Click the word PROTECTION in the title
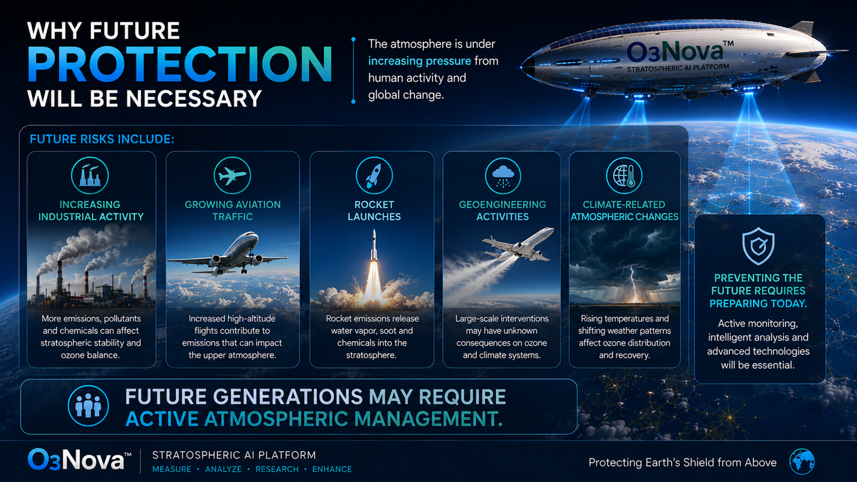pyautogui.click(x=180, y=64)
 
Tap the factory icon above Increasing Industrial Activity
pyautogui.click(x=90, y=175)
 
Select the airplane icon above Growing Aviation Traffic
pyautogui.click(x=232, y=175)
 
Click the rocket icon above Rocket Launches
pyautogui.click(x=374, y=175)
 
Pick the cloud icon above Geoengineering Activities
pyautogui.click(x=503, y=175)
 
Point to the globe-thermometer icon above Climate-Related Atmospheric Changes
pyautogui.click(x=624, y=175)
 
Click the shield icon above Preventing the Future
pyautogui.click(x=758, y=246)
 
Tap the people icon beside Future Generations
pyautogui.click(x=88, y=406)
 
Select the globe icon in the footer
pyautogui.click(x=802, y=462)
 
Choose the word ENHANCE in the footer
pyautogui.click(x=332, y=469)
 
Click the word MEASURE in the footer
pyautogui.click(x=172, y=469)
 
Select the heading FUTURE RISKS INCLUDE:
pyautogui.click(x=102, y=139)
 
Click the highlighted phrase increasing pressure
pyautogui.click(x=419, y=61)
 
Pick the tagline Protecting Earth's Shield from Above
pyautogui.click(x=682, y=462)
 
